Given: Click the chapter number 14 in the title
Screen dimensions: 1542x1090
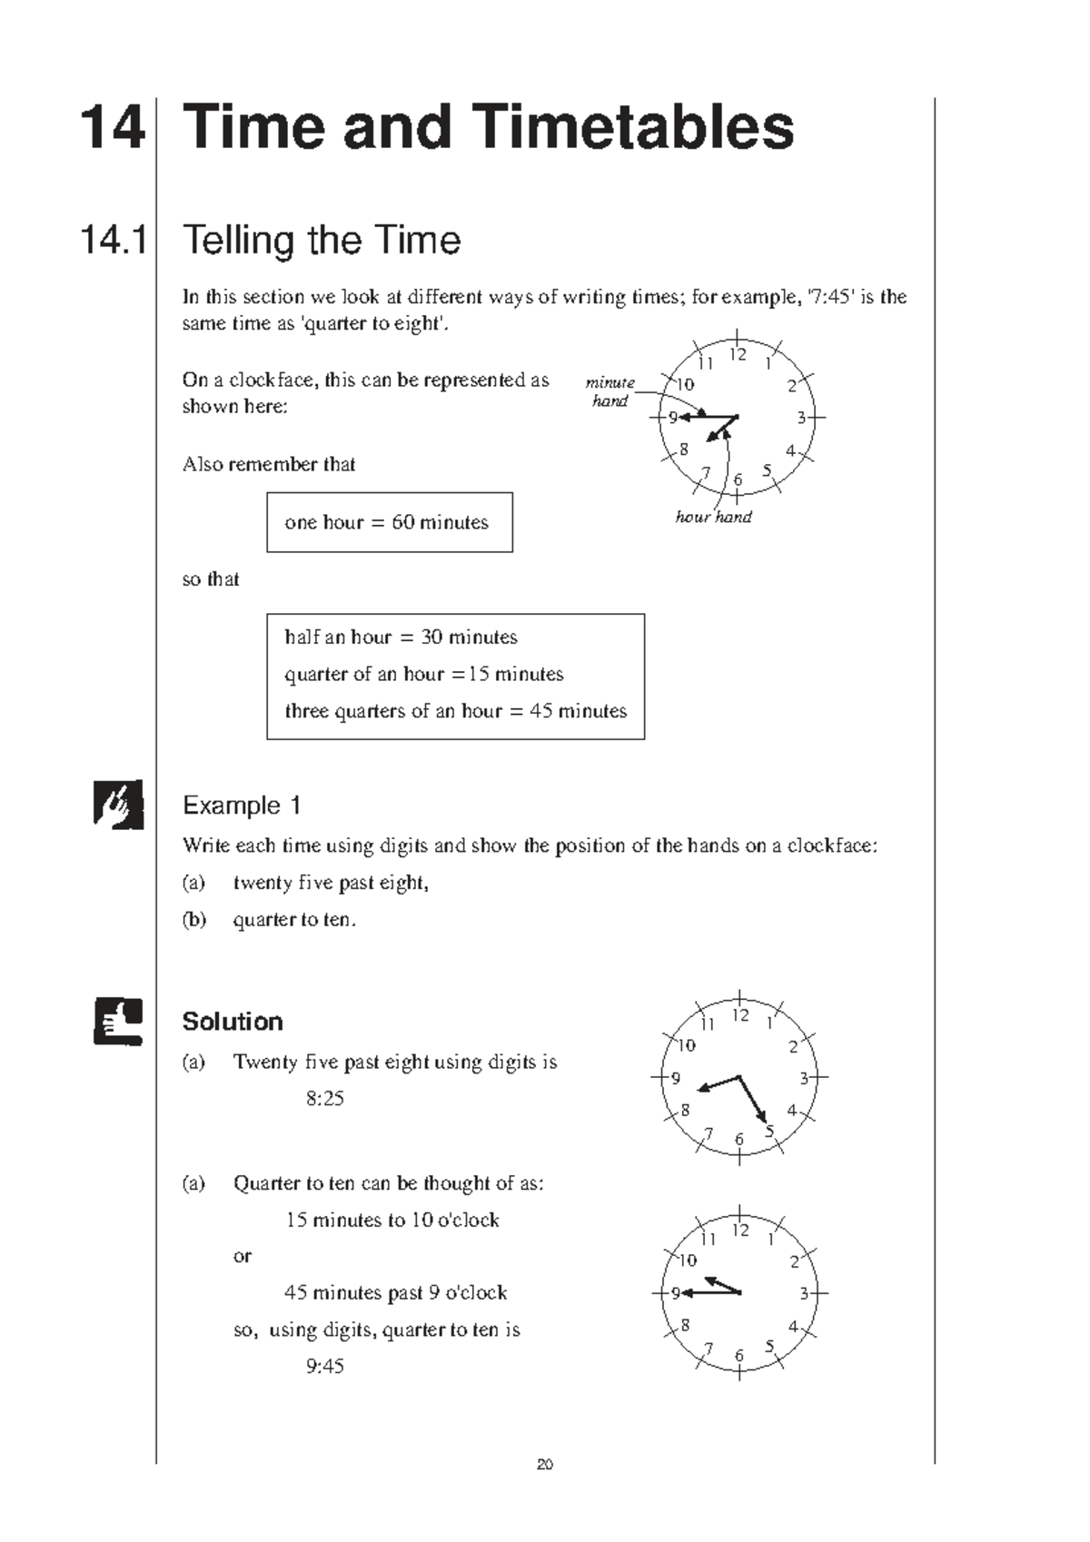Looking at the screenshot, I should pyautogui.click(x=113, y=127).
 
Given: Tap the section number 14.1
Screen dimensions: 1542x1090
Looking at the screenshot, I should pyautogui.click(x=114, y=241).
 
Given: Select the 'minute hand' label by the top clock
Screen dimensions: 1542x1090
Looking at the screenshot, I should pyautogui.click(x=609, y=391).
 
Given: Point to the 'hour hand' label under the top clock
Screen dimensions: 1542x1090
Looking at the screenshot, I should pyautogui.click(x=713, y=517).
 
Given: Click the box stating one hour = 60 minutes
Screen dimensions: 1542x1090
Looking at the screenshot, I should pyautogui.click(x=389, y=522).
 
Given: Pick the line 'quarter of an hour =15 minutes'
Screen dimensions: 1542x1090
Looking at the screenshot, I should pyautogui.click(x=423, y=674).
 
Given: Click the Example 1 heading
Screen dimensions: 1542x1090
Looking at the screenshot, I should pyautogui.click(x=242, y=806).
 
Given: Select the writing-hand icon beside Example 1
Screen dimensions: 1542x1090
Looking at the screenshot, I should pyautogui.click(x=118, y=804).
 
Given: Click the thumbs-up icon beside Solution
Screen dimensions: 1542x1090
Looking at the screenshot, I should pyautogui.click(x=118, y=1022).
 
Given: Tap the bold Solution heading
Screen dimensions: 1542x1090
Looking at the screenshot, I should pyautogui.click(x=233, y=1022).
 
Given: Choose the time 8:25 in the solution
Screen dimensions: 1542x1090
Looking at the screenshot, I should pyautogui.click(x=324, y=1099).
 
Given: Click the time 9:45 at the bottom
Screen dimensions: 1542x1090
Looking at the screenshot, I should pyautogui.click(x=324, y=1366).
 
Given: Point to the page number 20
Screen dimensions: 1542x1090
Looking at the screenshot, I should pyautogui.click(x=545, y=1464).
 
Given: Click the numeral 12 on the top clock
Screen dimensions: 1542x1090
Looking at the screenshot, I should pyautogui.click(x=738, y=354).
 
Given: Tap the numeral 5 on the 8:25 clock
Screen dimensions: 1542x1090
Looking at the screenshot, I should pyautogui.click(x=769, y=1132).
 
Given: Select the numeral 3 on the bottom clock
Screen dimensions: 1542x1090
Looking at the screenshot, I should pyautogui.click(x=804, y=1293).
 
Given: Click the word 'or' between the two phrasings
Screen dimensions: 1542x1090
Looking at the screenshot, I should pyautogui.click(x=242, y=1256).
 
